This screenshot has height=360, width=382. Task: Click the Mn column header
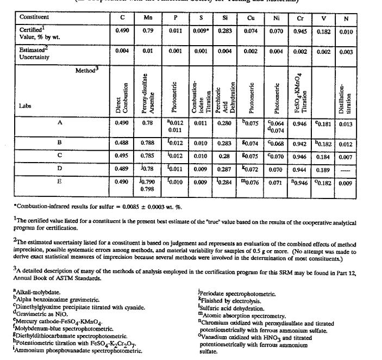[x=148, y=17]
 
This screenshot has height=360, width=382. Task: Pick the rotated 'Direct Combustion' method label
[x=122, y=98]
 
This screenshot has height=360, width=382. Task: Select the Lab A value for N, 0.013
[x=346, y=123]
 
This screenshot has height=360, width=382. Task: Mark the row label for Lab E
[x=60, y=181]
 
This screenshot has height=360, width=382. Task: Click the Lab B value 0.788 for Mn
[x=148, y=143]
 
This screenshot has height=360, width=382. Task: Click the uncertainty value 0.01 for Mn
[x=148, y=52]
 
